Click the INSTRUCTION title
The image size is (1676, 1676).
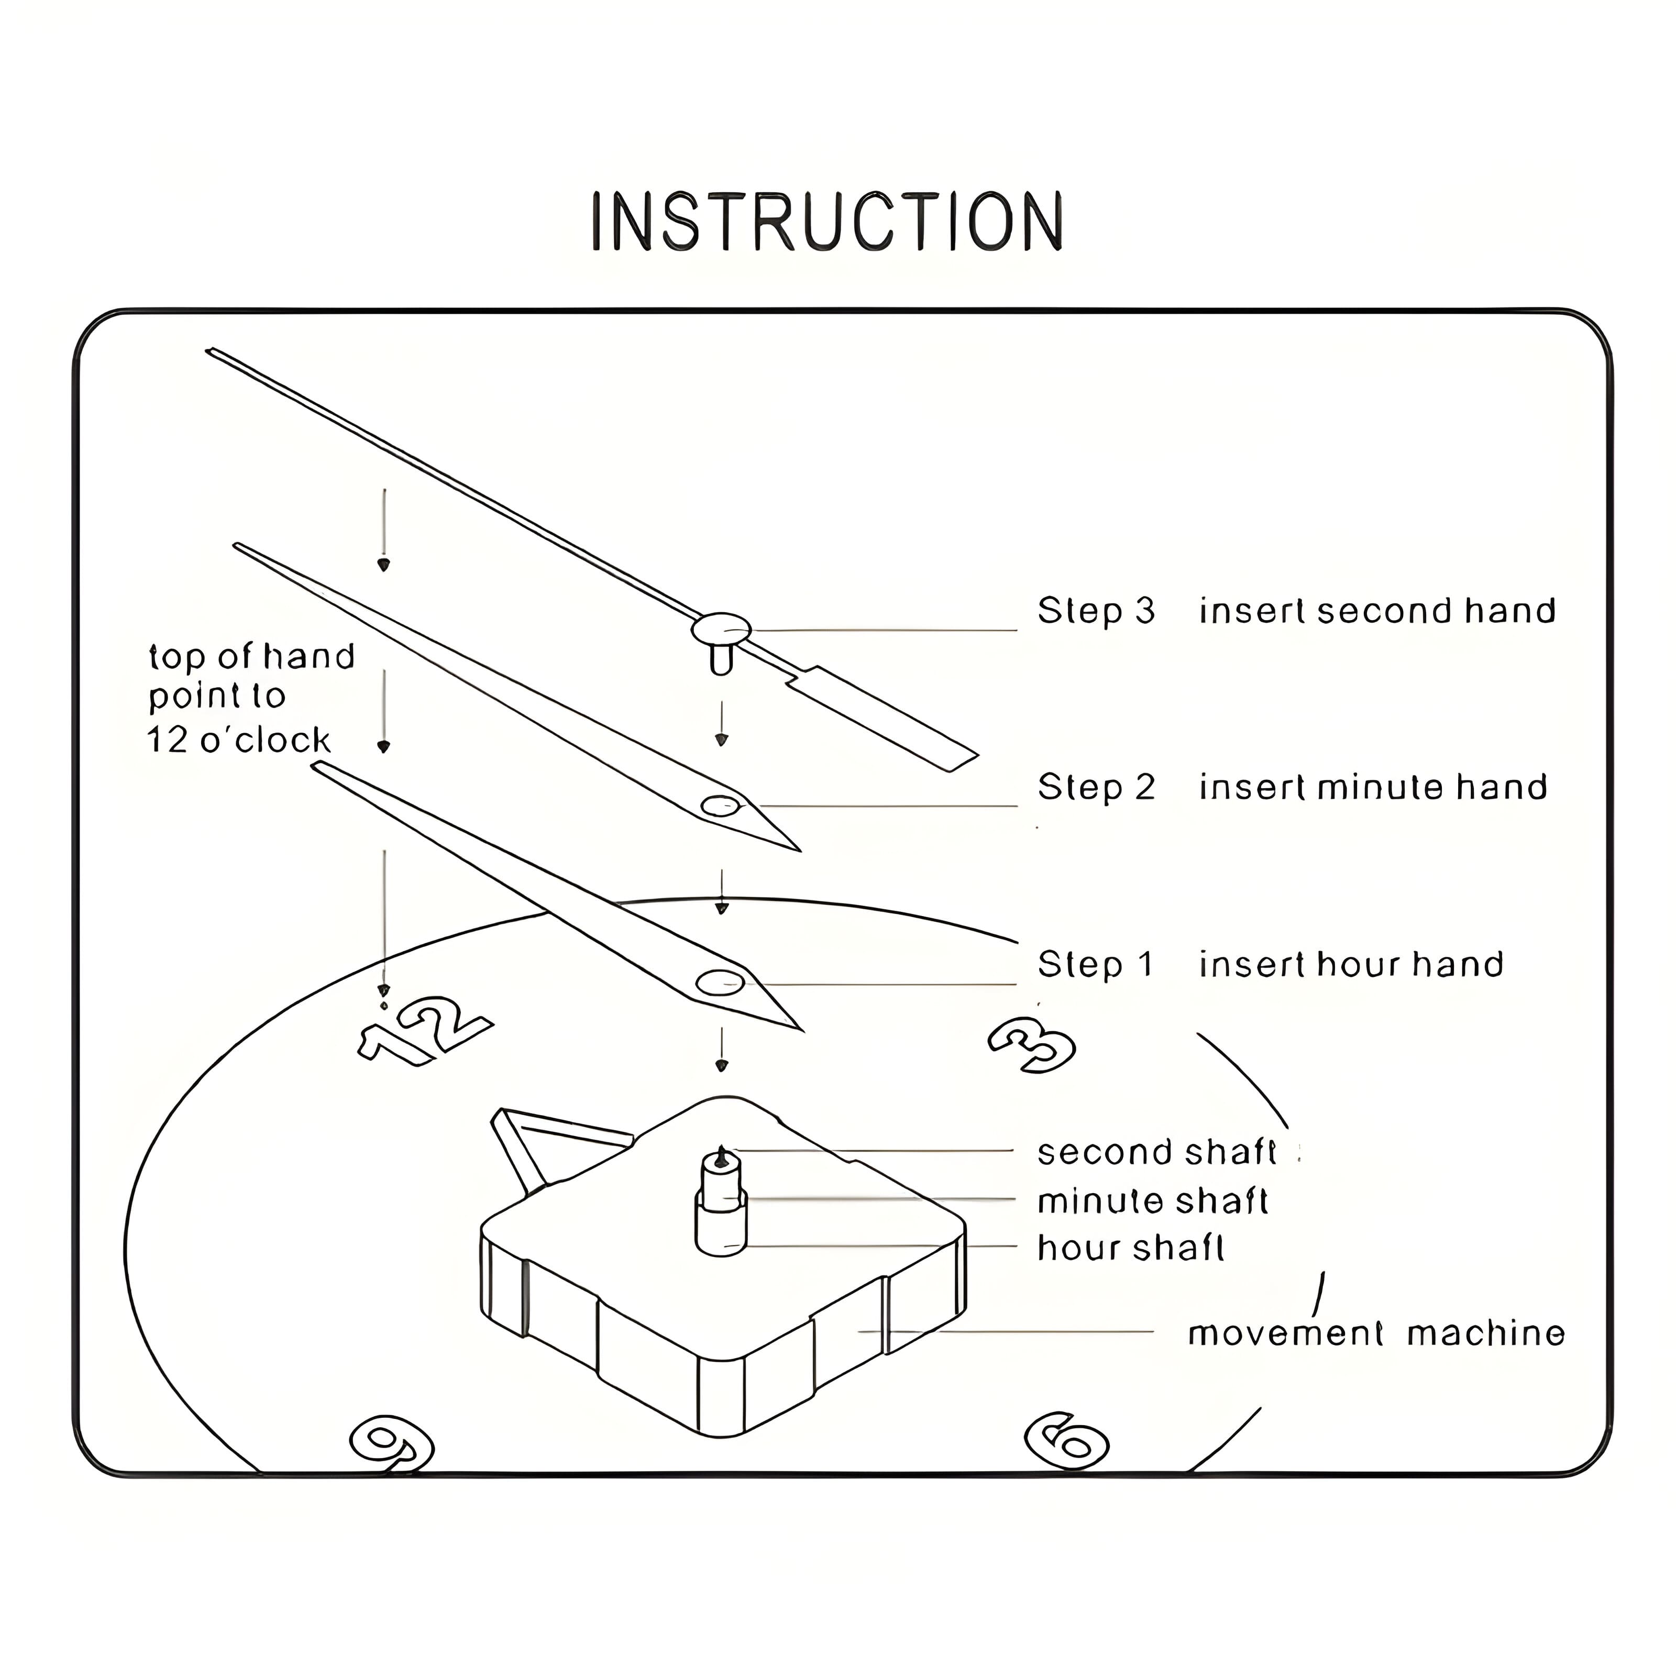pyautogui.click(x=826, y=222)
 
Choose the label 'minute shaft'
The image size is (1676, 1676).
pyautogui.click(x=1152, y=1201)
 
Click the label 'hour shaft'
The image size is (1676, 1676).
pyautogui.click(x=1130, y=1248)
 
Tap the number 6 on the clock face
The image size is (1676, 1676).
pyautogui.click(x=1066, y=1442)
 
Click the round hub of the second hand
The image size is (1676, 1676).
pyautogui.click(x=721, y=627)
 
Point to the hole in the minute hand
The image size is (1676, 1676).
pyautogui.click(x=719, y=807)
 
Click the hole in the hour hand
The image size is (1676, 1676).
pyautogui.click(x=720, y=983)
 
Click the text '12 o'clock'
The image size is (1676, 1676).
pyautogui.click(x=238, y=740)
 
